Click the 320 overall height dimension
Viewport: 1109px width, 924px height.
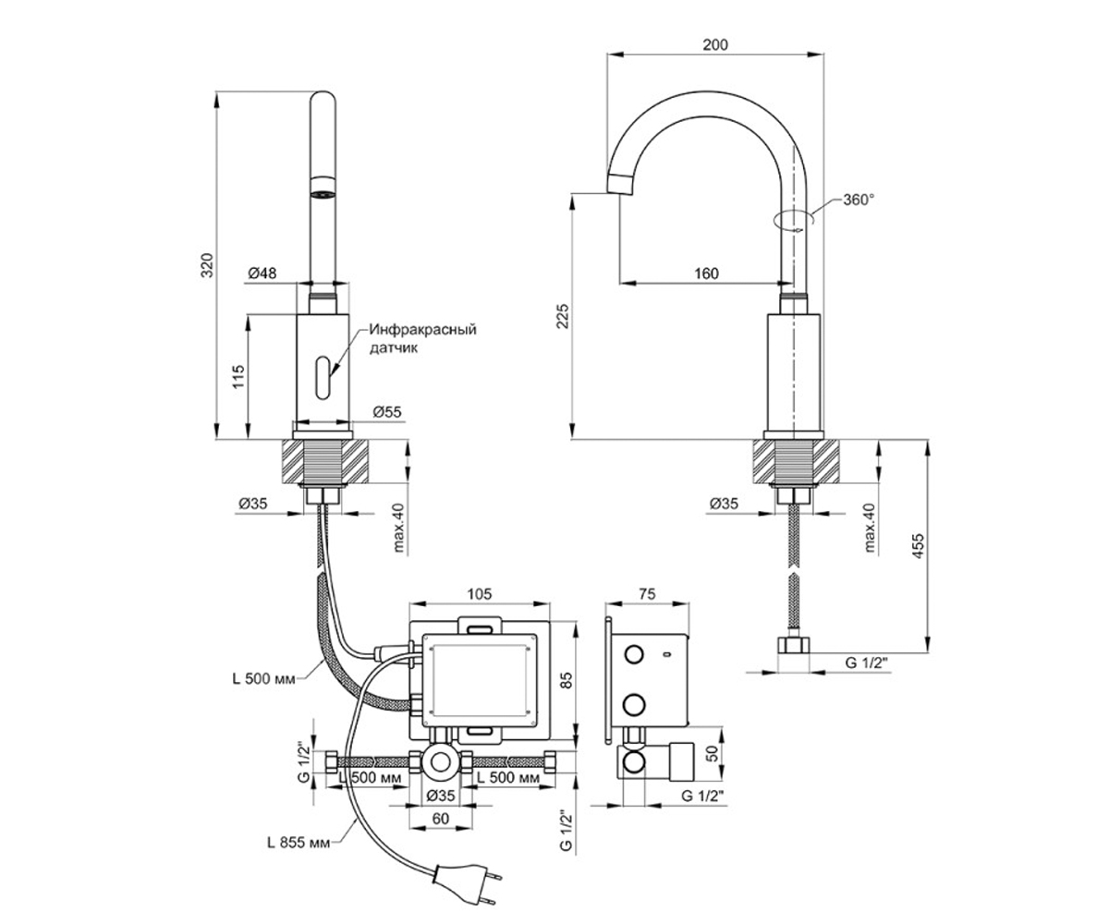coord(207,265)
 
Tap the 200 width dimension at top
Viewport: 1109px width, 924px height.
coord(715,44)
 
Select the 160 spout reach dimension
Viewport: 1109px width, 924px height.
coord(706,274)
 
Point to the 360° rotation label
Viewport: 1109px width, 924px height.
coord(859,200)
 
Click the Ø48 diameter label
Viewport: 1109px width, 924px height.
coord(262,273)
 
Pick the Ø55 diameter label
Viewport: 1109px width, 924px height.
coord(387,411)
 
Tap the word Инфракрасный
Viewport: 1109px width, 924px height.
coord(422,329)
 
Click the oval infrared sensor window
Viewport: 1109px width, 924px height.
coord(323,378)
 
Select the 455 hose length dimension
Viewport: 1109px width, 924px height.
coord(918,545)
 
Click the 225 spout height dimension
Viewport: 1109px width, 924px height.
coord(562,316)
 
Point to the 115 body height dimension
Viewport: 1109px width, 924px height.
coord(238,376)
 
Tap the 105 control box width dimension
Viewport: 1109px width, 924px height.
coord(479,594)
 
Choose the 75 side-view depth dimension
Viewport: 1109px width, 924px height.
coord(648,594)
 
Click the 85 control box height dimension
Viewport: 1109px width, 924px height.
coord(567,680)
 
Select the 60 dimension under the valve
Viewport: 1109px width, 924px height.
coord(440,819)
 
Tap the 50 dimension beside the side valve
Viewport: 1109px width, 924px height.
coord(713,753)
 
